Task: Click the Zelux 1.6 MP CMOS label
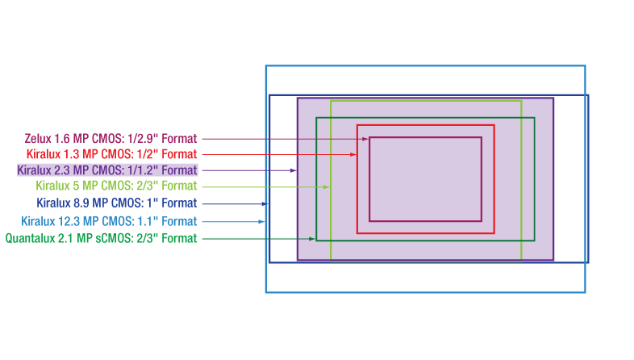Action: (111, 139)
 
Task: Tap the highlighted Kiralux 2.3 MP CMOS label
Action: (106, 170)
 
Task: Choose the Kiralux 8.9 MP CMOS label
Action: (116, 203)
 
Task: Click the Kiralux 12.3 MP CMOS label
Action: (108, 221)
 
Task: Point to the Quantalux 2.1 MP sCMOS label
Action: (101, 238)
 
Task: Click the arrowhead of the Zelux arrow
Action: (365, 139)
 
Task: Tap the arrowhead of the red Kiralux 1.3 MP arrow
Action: (353, 154)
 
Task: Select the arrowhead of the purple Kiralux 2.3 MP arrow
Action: (294, 170)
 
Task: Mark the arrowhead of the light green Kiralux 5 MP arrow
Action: (326, 186)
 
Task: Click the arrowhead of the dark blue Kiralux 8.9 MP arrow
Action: (265, 203)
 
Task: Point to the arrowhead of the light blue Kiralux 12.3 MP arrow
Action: (261, 221)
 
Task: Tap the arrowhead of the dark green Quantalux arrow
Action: (312, 238)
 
